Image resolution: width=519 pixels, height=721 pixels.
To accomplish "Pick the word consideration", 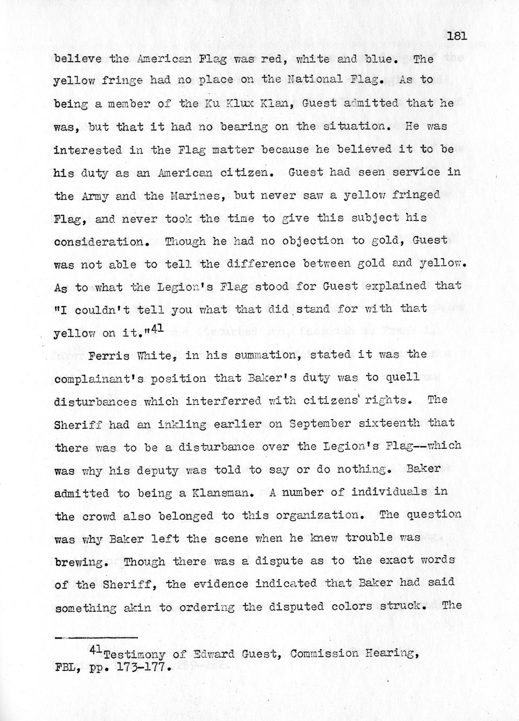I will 99,242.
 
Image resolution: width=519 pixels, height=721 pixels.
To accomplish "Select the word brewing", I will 81,563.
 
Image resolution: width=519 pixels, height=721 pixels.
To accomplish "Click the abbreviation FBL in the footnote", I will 65,668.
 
